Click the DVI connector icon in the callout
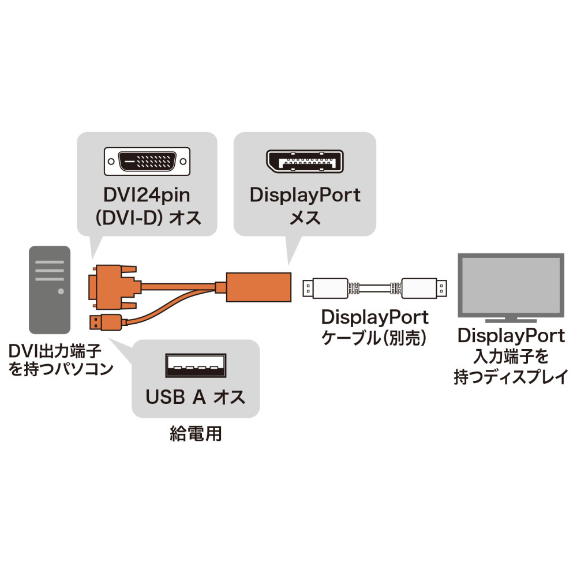pos(147,162)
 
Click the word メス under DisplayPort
pos(305,219)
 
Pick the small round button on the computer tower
pos(60,292)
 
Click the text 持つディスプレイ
pos(510,378)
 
